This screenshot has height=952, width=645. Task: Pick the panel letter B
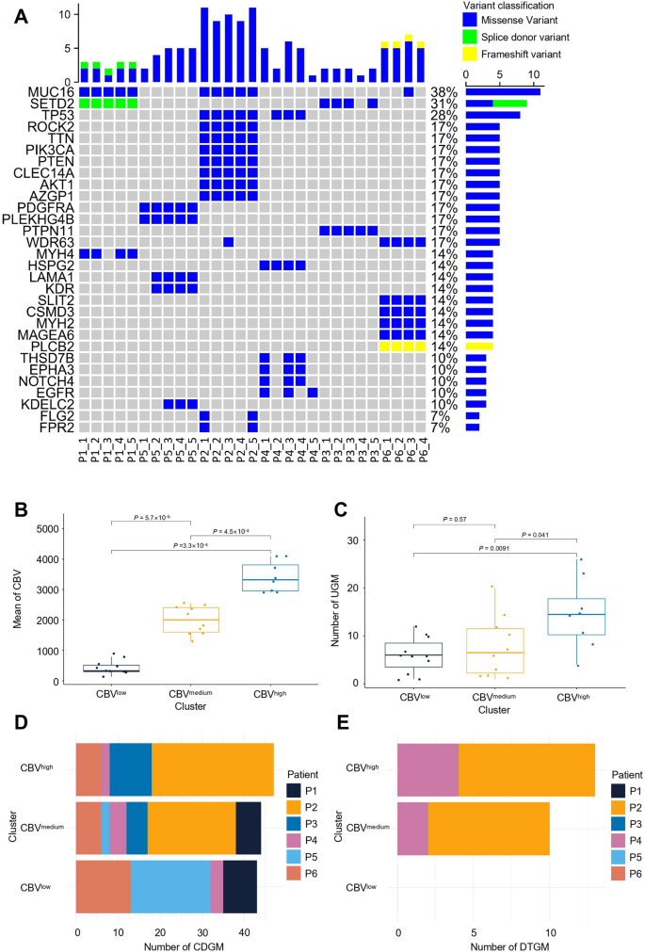click(19, 512)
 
